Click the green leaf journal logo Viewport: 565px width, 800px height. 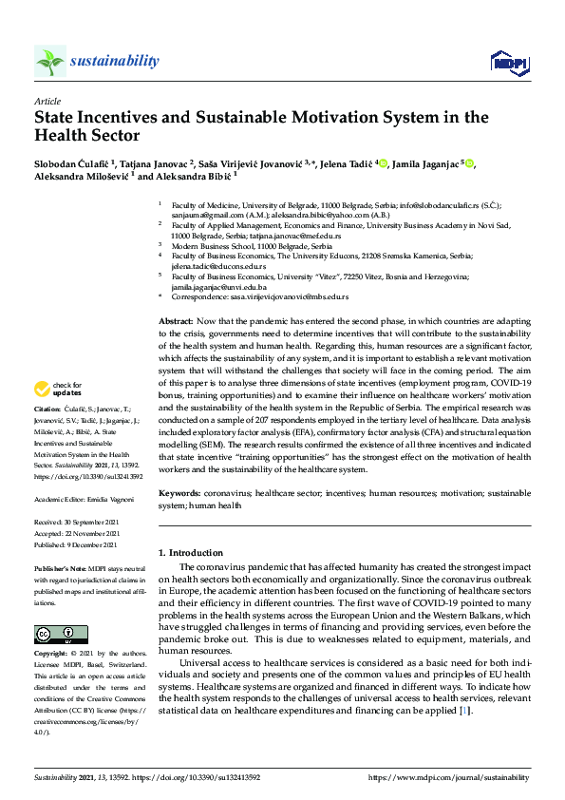50,62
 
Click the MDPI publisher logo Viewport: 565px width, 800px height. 509,63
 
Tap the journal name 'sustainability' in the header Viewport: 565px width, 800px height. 114,62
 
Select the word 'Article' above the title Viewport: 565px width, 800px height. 47,100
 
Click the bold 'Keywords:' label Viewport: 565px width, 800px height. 179,494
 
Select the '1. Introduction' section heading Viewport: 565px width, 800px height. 191,553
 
